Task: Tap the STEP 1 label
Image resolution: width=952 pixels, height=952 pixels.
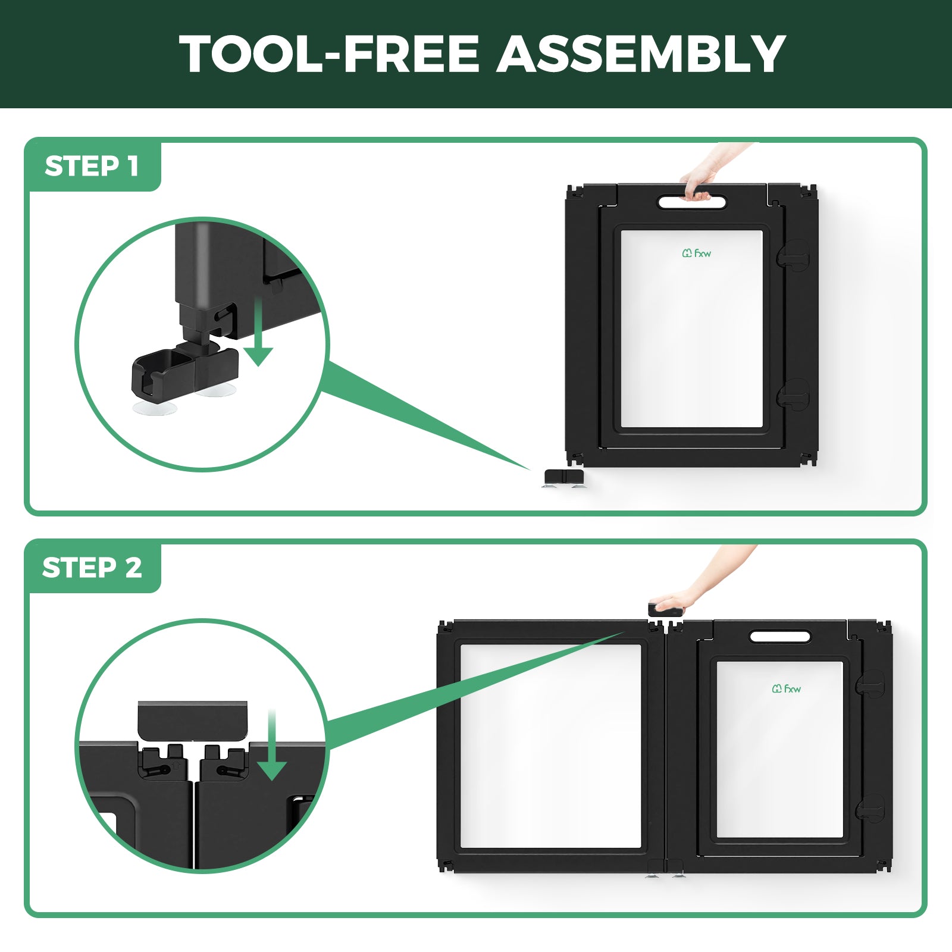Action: coord(92,166)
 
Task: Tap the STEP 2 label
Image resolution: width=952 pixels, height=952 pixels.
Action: coord(92,568)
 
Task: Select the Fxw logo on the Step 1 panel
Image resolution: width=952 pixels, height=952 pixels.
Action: coord(697,253)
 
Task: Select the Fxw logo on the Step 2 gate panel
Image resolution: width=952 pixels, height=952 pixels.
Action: coord(787,688)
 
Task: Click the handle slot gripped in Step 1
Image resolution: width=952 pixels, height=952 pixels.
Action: coord(692,202)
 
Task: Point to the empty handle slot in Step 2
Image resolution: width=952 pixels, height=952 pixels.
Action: coord(780,637)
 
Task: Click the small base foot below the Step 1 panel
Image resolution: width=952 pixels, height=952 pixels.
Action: coord(564,478)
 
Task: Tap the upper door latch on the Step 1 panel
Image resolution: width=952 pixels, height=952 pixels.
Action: coord(794,255)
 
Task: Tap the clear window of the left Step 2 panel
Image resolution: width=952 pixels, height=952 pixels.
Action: coord(551,746)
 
